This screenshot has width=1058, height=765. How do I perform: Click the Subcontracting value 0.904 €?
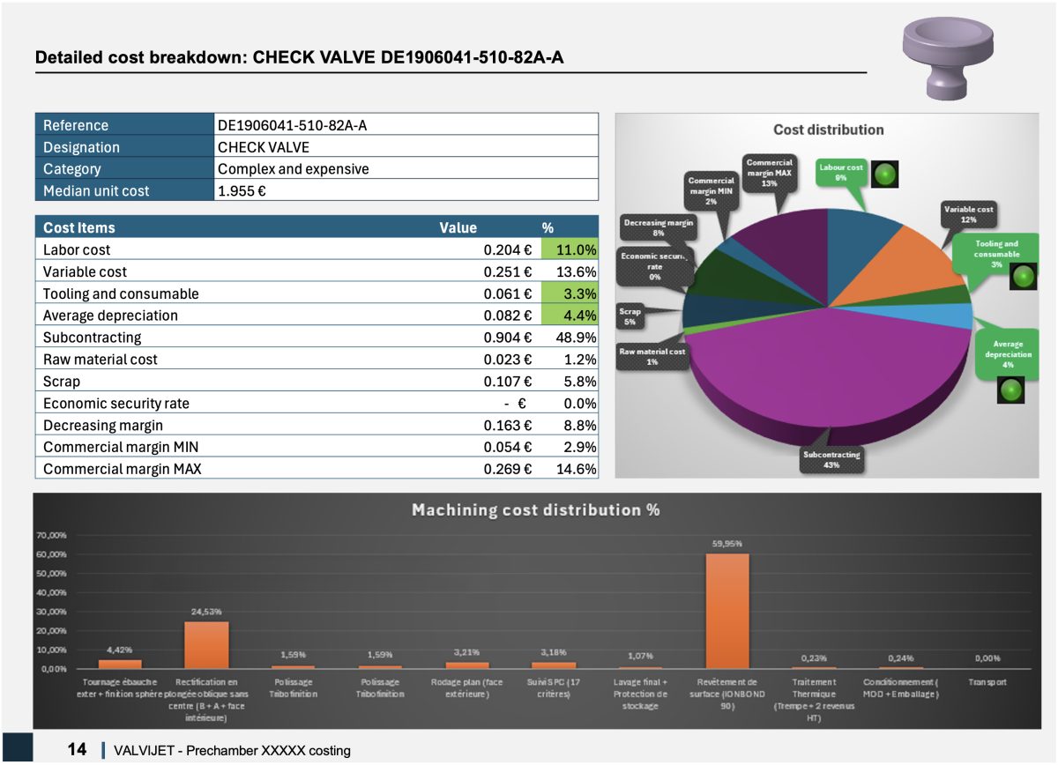click(x=507, y=338)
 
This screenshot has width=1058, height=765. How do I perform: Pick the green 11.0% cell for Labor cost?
click(x=570, y=249)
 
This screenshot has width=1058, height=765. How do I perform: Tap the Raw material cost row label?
click(x=98, y=360)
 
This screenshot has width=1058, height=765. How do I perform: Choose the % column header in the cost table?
click(x=548, y=227)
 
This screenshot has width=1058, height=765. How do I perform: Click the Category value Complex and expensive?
click(x=293, y=168)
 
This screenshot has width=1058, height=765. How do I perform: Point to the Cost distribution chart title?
click(x=828, y=130)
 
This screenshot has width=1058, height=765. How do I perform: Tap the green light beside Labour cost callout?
click(x=885, y=175)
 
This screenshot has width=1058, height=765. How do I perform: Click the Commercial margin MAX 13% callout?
click(x=769, y=171)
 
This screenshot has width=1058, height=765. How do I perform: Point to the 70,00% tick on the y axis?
click(x=51, y=536)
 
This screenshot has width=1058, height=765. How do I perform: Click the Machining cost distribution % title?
click(x=535, y=509)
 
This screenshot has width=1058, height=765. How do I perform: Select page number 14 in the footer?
click(x=77, y=749)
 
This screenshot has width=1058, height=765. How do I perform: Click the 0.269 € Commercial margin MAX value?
click(x=507, y=469)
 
